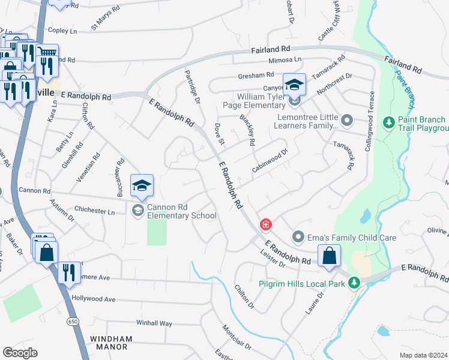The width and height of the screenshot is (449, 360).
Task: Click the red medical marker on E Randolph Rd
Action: pyautogui.click(x=265, y=225)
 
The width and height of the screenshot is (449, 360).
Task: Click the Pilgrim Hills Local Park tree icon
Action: pyautogui.click(x=354, y=282)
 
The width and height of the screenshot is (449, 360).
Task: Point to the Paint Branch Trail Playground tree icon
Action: pyautogui.click(x=388, y=122)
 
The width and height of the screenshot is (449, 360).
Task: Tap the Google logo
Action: pyautogui.click(x=20, y=353)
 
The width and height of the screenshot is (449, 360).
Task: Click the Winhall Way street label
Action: pyautogui.click(x=154, y=323)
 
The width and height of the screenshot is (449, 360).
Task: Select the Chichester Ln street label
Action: pyautogui.click(x=94, y=211)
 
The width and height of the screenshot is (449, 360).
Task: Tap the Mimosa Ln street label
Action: pyautogui.click(x=285, y=60)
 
